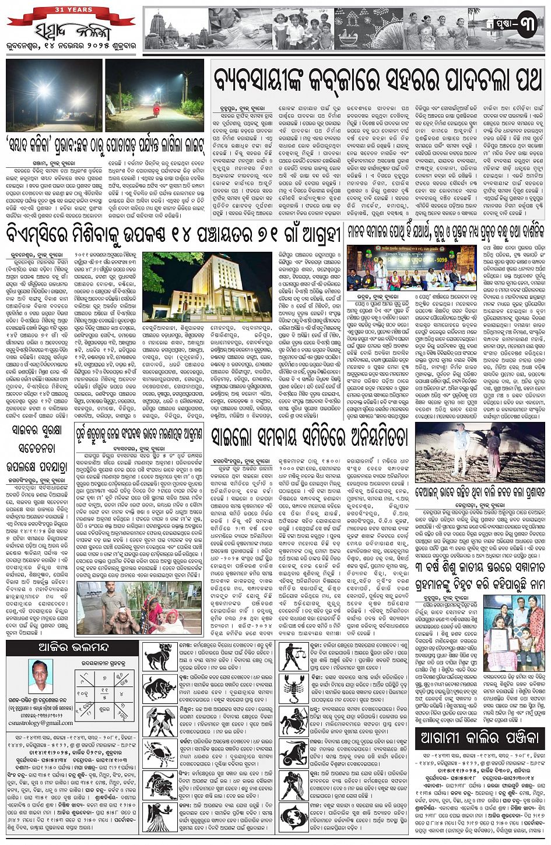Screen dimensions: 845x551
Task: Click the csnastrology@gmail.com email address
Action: pyautogui.click(x=41, y=723)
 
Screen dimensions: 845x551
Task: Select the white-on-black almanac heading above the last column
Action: pyautogui.click(x=479, y=738)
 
